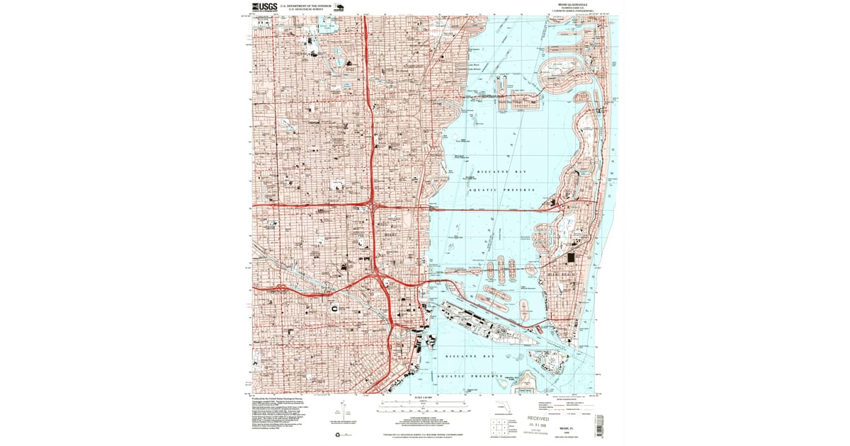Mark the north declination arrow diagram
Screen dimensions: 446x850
342,411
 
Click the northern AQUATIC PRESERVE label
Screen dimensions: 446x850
503,190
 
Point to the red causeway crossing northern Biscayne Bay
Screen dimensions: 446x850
496,210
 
